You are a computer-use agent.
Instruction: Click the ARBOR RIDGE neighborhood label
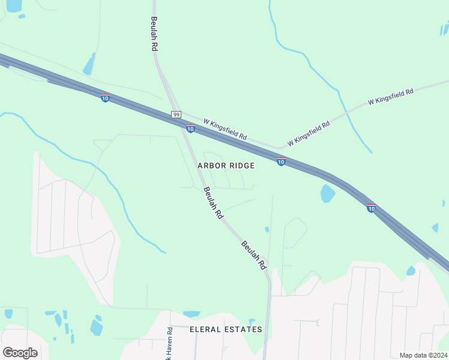(226, 166)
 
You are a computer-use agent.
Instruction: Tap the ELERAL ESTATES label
(226, 329)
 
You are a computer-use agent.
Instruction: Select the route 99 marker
(176, 115)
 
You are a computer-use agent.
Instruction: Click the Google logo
(20, 352)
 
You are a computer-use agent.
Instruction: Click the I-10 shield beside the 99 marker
(190, 128)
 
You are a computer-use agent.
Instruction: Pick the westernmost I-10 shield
(105, 98)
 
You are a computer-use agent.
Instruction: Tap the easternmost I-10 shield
(371, 208)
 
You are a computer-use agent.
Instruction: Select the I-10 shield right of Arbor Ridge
(280, 161)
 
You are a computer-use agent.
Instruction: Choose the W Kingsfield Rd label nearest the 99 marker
(225, 128)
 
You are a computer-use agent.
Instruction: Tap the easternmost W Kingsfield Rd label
(391, 97)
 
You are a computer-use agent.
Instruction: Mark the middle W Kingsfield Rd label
(309, 134)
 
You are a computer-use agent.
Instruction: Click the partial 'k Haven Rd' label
(170, 343)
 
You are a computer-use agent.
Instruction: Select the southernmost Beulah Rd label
(254, 254)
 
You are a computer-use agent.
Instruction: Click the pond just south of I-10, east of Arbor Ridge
(327, 193)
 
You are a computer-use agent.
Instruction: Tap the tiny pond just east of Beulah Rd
(267, 229)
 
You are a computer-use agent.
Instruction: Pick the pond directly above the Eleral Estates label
(191, 314)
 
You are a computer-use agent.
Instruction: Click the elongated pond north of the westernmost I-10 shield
(89, 64)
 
